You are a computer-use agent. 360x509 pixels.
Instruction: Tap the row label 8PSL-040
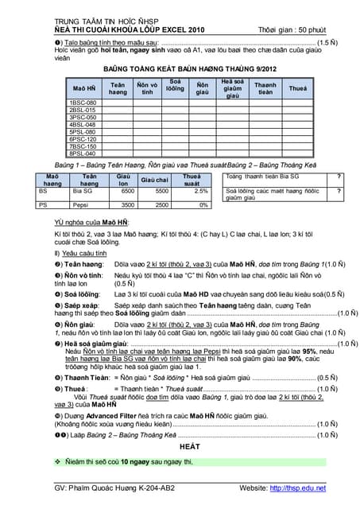tap(83, 153)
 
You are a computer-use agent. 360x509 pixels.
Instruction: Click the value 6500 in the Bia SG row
tap(126, 191)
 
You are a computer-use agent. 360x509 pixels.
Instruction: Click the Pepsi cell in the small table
tap(80, 205)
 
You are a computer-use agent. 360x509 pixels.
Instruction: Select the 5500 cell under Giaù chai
tap(161, 191)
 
